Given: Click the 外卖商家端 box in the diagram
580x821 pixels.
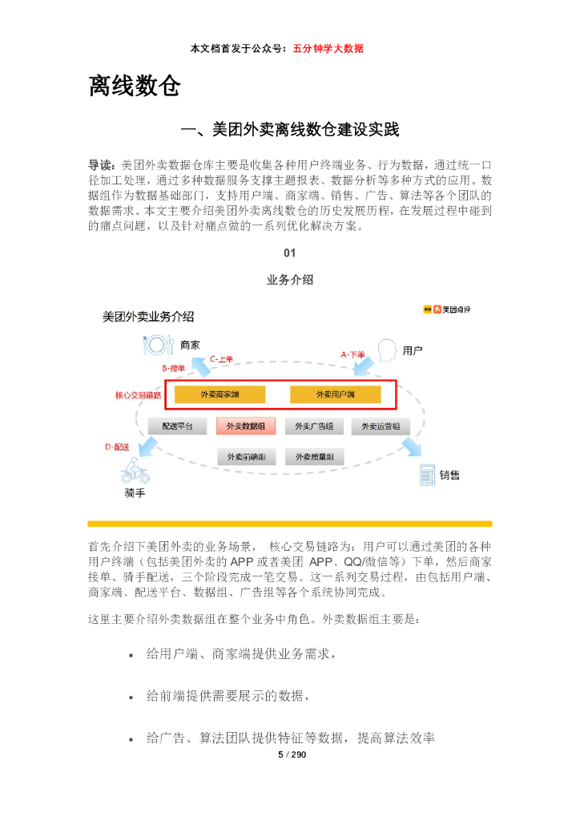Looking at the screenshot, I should coord(220,394).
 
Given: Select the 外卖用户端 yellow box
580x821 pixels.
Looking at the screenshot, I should coord(335,394).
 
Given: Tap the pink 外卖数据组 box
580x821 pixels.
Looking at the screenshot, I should coord(246,427).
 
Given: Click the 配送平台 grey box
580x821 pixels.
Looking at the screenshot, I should coord(178,427).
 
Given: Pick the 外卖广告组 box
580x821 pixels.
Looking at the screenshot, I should coord(315,427).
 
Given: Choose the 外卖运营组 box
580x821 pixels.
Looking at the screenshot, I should coord(381,427).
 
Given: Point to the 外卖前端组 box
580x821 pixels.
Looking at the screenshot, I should coord(246,457).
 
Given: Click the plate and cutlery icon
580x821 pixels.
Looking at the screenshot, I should coord(157,345).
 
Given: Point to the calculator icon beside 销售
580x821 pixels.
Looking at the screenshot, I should coord(427,475).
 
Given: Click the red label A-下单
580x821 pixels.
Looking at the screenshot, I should coord(352,354).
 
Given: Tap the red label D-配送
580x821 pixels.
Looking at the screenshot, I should coord(117,447).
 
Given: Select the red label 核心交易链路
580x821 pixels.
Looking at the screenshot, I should coord(138,395).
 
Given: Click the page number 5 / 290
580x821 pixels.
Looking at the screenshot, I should coord(292,755).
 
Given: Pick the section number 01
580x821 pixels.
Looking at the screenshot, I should coord(290,253).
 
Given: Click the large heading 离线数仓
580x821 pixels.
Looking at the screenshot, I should coord(134,86).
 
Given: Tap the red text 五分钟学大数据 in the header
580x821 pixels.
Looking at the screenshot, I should coord(328,48).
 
